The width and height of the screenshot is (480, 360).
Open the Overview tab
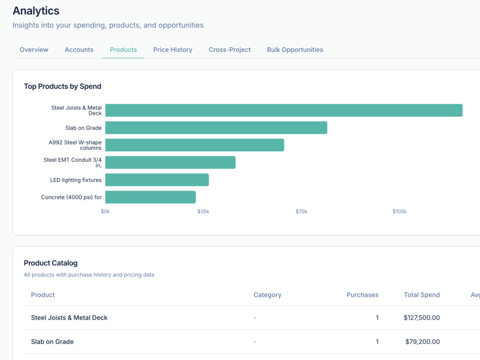(x=34, y=49)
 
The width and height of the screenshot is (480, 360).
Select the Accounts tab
(x=79, y=49)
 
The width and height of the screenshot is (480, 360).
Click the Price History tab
(x=173, y=49)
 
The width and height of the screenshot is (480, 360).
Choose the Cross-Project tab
(x=229, y=49)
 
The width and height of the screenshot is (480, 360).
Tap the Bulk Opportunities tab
(x=295, y=49)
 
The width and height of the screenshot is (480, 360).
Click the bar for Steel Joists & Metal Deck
(x=284, y=110)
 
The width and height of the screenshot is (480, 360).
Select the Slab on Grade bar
(x=216, y=128)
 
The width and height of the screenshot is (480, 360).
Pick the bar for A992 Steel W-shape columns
(x=195, y=145)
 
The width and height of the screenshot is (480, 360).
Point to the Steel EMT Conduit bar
(x=170, y=162)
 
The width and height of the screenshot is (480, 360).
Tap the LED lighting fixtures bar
(x=157, y=180)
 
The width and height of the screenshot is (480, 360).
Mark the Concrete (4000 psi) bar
(x=151, y=197)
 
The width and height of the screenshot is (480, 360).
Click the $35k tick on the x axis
(x=203, y=212)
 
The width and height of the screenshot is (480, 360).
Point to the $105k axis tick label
(x=399, y=212)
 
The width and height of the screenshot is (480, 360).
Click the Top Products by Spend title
(x=62, y=86)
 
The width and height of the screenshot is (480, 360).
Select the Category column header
(x=267, y=295)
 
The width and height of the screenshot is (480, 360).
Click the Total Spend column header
(x=422, y=295)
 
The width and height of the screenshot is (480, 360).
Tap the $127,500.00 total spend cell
(x=422, y=318)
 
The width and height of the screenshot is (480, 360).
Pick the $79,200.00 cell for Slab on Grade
(x=422, y=342)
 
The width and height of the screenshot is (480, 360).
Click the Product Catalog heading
(x=50, y=263)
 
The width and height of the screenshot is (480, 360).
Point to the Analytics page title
(x=36, y=11)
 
